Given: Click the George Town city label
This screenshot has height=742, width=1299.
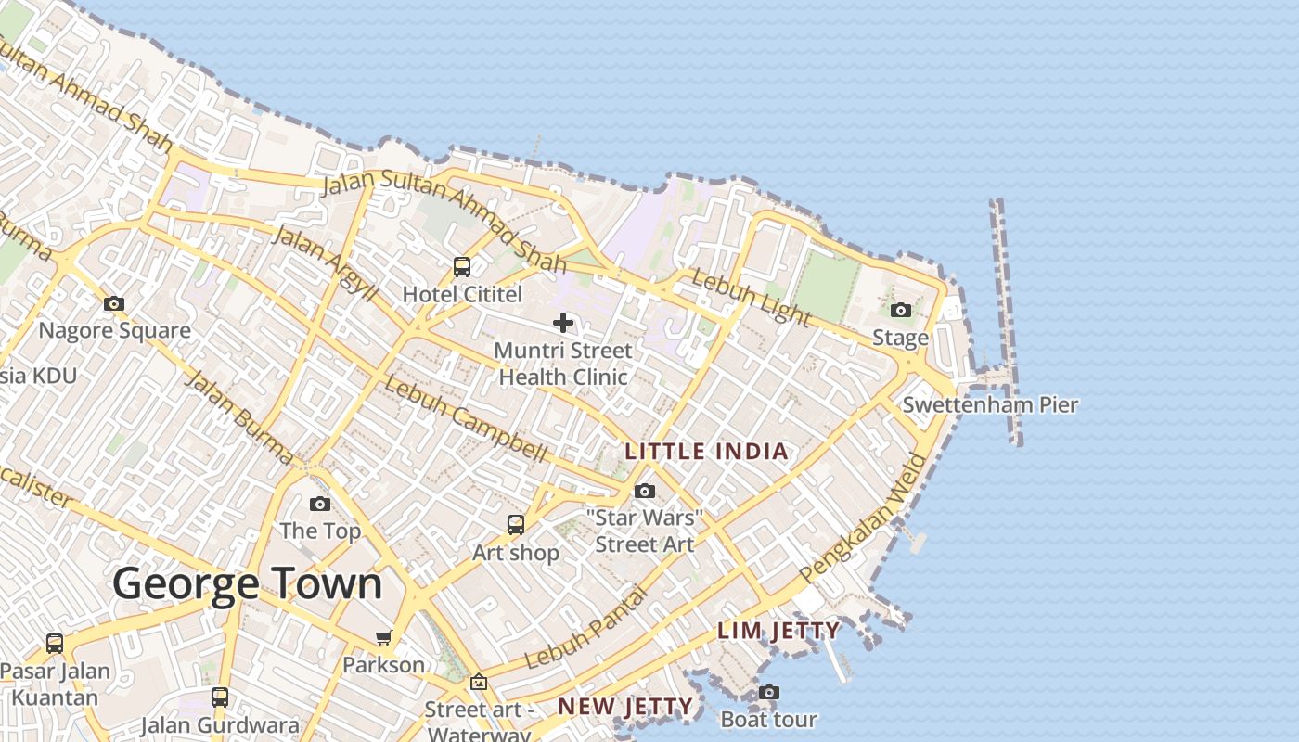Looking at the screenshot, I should pyautogui.click(x=248, y=584).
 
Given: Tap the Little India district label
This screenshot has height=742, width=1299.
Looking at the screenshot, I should pyautogui.click(x=707, y=452).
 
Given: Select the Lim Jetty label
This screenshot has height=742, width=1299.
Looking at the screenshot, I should pyautogui.click(x=778, y=632).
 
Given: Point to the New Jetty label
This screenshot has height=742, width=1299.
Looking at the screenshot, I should pyautogui.click(x=625, y=707).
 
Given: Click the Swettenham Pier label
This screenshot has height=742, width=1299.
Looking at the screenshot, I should pyautogui.click(x=990, y=405).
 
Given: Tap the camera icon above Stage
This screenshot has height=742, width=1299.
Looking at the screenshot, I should pyautogui.click(x=900, y=311).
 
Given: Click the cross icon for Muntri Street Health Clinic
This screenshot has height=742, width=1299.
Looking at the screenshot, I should pyautogui.click(x=563, y=323).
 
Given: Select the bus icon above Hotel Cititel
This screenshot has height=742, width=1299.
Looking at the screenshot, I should pyautogui.click(x=462, y=267).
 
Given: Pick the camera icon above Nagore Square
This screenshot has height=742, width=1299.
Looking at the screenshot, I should pyautogui.click(x=114, y=303).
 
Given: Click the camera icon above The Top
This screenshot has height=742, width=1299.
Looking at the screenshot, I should pyautogui.click(x=320, y=504).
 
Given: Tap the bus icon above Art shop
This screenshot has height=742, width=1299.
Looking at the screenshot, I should pyautogui.click(x=516, y=525).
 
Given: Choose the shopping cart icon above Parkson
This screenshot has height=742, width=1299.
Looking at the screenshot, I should pyautogui.click(x=383, y=637).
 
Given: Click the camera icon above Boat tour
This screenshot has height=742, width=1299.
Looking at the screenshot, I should pyautogui.click(x=768, y=692).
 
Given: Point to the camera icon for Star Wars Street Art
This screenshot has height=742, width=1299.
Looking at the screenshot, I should pyautogui.click(x=645, y=491).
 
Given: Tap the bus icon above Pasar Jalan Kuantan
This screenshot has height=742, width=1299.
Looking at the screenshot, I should pyautogui.click(x=55, y=643).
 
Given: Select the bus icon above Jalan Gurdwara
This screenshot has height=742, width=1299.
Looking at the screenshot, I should pyautogui.click(x=220, y=697).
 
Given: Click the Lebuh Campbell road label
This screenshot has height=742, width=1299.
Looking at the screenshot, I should pyautogui.click(x=466, y=419).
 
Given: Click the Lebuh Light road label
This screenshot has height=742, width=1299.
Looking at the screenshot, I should pyautogui.click(x=752, y=298).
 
